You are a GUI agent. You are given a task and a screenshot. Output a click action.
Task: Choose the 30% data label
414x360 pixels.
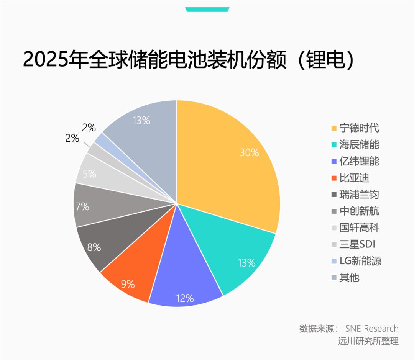click(x=249, y=153)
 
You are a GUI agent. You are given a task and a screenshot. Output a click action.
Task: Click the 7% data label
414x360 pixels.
click(x=82, y=207)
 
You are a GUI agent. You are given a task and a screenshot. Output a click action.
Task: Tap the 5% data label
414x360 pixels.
click(x=89, y=174)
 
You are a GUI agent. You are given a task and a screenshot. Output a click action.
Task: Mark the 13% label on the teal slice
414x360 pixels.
click(x=246, y=263)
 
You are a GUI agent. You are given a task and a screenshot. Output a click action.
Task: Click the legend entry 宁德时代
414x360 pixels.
click(x=359, y=128)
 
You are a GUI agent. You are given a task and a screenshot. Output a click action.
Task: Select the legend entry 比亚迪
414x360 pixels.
click(x=354, y=178)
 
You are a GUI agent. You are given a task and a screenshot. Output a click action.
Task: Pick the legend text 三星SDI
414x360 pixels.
click(x=357, y=244)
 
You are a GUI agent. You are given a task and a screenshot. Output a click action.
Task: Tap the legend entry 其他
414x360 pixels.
click(x=349, y=277)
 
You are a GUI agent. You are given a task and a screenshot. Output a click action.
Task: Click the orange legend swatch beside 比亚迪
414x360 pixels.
click(x=333, y=178)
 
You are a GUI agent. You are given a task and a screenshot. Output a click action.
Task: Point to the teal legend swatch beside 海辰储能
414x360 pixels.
click(x=333, y=145)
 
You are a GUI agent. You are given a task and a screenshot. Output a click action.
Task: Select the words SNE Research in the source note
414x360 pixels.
click(x=372, y=329)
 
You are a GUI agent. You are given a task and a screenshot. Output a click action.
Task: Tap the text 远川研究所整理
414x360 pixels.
click(x=368, y=340)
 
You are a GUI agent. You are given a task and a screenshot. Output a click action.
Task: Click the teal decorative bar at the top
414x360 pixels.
click(x=207, y=9)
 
